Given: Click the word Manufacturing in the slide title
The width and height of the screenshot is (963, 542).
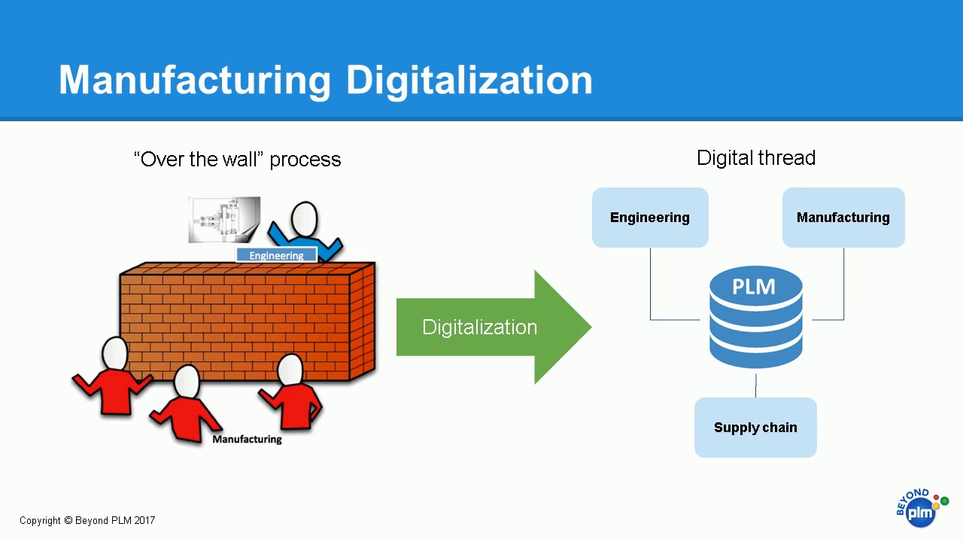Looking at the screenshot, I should coord(194,81).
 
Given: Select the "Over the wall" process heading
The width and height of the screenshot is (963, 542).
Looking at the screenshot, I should coord(237,160).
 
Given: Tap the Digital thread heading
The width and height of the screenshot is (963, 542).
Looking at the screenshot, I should coord(755,158).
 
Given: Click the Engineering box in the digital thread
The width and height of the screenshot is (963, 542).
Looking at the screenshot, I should coord(650,218).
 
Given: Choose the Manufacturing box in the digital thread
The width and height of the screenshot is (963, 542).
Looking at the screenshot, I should coord(843,218).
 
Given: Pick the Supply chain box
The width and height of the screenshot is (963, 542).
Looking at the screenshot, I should coord(755,428).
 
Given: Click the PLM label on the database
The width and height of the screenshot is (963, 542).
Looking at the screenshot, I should coord(754,287).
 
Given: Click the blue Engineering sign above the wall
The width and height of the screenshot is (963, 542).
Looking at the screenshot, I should coord(276,256).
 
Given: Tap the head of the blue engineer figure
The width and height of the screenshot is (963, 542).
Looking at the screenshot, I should coord(304,219).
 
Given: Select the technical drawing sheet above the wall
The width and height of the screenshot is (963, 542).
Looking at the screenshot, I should coord(224,220).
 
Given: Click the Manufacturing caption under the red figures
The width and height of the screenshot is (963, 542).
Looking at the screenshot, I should coord(247,439).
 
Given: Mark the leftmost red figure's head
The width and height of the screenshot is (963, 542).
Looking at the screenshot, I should coord(115,354).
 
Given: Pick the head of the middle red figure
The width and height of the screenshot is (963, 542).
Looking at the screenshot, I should coord(187,381).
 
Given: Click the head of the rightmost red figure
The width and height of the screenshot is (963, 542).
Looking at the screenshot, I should coord(290,370).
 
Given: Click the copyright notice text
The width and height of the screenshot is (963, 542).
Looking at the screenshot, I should coord(87,520).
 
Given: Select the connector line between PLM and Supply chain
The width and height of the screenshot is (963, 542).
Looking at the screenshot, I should coord(755,384).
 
